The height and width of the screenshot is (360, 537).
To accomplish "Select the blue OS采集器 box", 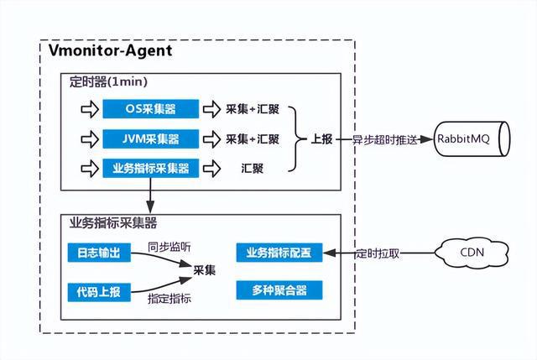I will click(x=151, y=110).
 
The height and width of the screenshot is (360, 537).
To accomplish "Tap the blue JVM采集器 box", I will click(x=151, y=138).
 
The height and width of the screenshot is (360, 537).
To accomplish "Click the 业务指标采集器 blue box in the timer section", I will click(x=151, y=168).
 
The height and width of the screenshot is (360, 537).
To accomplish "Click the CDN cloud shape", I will click(x=470, y=251).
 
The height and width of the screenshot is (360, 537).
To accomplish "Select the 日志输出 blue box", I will click(x=98, y=253).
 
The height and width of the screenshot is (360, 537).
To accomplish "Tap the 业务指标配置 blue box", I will click(x=279, y=253).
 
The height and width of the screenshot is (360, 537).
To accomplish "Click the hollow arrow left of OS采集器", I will click(x=86, y=110).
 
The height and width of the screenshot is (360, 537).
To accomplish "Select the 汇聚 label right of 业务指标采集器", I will click(x=251, y=168).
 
